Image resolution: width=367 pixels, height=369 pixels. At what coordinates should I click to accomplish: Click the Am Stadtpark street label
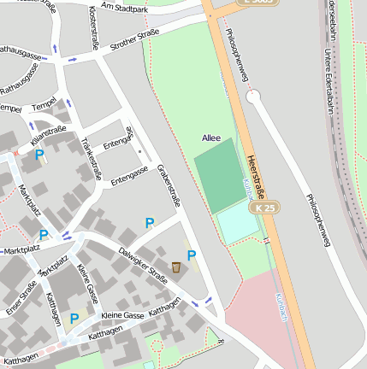124,8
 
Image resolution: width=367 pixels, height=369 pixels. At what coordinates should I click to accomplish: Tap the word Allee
211,138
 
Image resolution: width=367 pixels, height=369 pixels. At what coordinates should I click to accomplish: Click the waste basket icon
176,267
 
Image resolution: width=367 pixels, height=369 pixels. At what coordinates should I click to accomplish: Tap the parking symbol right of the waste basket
192,255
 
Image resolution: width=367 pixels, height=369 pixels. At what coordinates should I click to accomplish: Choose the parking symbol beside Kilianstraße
38,155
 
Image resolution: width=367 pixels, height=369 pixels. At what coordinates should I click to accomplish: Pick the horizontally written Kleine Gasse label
122,315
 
